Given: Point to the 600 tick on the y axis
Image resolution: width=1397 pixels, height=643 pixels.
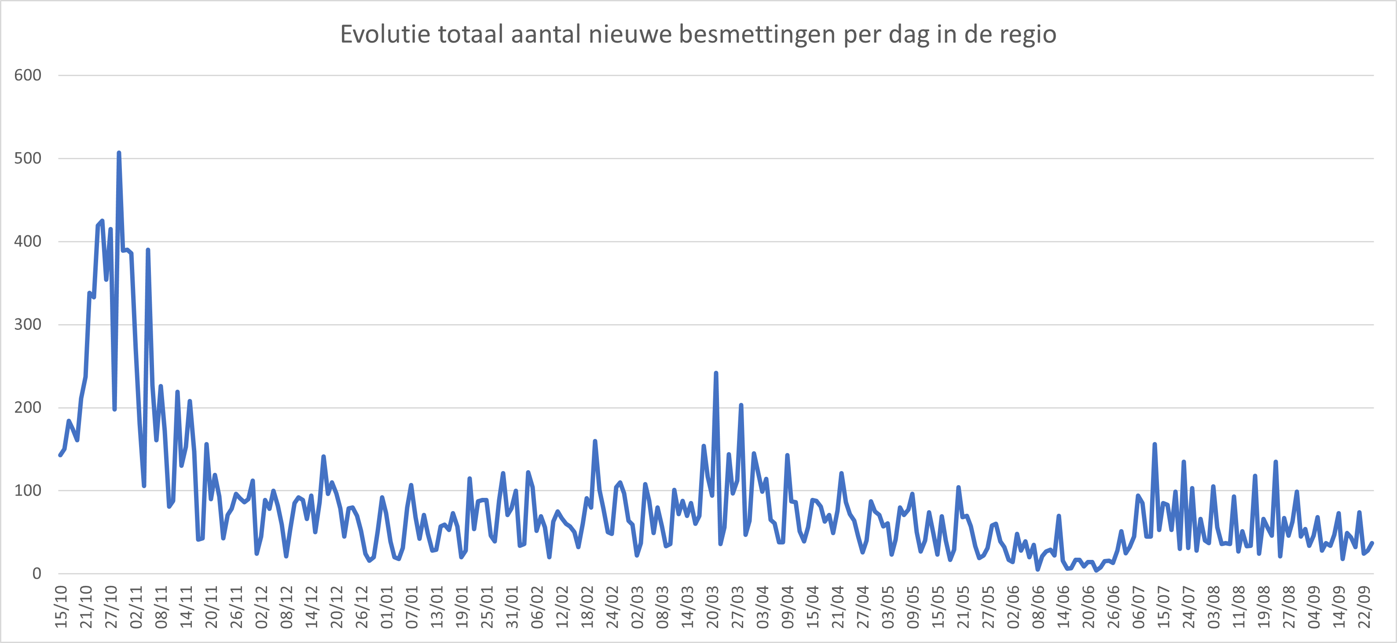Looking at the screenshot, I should [28, 75].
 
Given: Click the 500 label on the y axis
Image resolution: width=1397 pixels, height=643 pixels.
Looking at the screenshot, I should [28, 158].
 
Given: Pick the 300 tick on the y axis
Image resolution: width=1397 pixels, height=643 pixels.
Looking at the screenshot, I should [28, 324].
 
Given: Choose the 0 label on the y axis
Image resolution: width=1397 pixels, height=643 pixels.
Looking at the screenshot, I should [37, 573].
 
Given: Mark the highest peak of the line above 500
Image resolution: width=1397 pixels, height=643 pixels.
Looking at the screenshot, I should [119, 153].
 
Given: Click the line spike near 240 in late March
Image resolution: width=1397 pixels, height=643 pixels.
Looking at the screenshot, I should [716, 373].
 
